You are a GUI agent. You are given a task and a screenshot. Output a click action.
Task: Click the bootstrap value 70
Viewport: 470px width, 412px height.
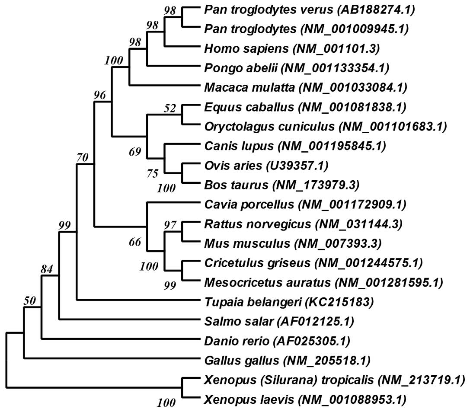click(x=82, y=158)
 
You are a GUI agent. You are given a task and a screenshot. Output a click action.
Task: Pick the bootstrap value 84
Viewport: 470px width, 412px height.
click(x=47, y=269)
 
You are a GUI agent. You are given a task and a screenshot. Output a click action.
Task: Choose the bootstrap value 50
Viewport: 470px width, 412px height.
click(x=29, y=301)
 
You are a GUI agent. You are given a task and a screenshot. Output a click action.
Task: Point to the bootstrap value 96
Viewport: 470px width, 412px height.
click(x=100, y=96)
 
